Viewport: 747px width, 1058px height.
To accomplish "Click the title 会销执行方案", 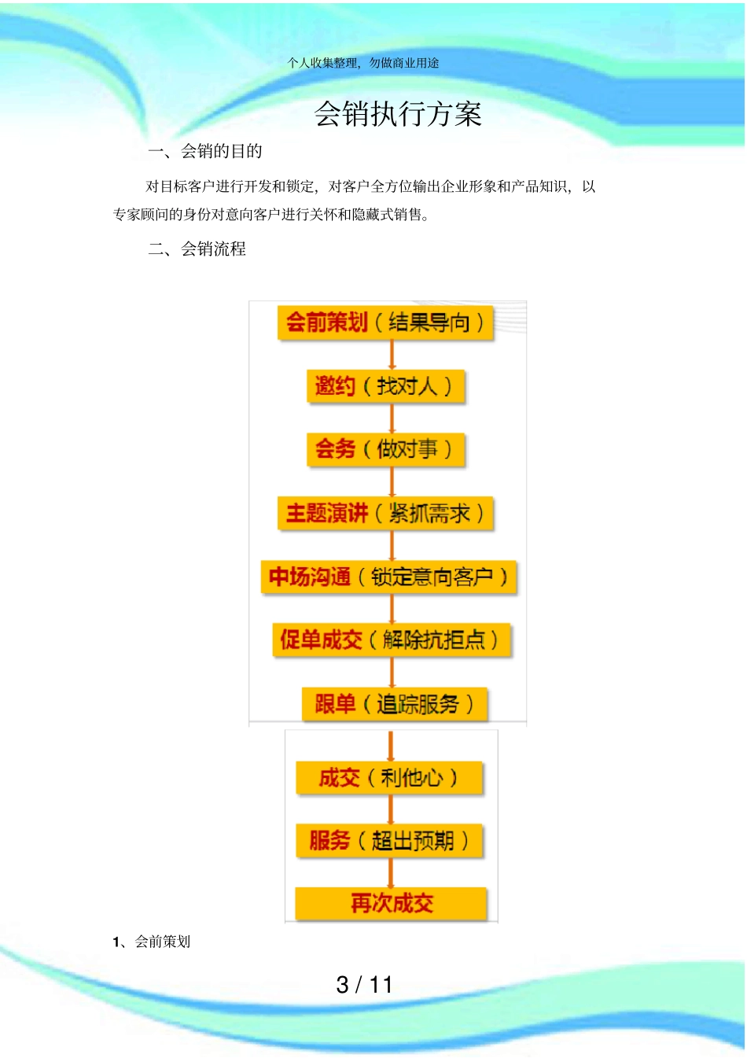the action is pyautogui.click(x=398, y=115).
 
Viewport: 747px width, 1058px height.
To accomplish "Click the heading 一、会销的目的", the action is pyautogui.click(x=205, y=152).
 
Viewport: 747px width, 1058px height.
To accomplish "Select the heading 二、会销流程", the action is pyautogui.click(x=197, y=249).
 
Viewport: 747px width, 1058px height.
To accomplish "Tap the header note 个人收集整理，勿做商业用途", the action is pyautogui.click(x=363, y=63).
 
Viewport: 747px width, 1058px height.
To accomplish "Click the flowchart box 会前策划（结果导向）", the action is pyautogui.click(x=385, y=323).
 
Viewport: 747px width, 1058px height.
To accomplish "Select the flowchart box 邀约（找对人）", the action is pyautogui.click(x=385, y=386).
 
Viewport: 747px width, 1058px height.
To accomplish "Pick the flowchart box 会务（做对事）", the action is pyautogui.click(x=385, y=450).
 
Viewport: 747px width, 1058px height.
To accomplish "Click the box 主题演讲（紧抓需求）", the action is pyautogui.click(x=385, y=514).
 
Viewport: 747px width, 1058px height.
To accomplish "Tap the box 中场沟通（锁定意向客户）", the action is pyautogui.click(x=388, y=577).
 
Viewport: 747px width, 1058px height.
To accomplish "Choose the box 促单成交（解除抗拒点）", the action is pyautogui.click(x=391, y=640).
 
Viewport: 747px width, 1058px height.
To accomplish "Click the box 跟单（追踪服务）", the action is pyautogui.click(x=395, y=704).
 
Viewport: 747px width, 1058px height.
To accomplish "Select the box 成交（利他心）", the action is pyautogui.click(x=389, y=778).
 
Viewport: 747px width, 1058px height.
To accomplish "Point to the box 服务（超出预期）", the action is pyautogui.click(x=389, y=841).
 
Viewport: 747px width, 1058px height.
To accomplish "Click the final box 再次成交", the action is pyautogui.click(x=391, y=903).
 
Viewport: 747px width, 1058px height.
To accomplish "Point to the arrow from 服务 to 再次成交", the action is pyautogui.click(x=391, y=873).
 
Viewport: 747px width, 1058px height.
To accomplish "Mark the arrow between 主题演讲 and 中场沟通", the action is pyautogui.click(x=392, y=546).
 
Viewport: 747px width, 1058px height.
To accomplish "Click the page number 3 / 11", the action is pyautogui.click(x=364, y=985).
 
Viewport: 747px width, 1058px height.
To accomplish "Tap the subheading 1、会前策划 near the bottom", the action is pyautogui.click(x=152, y=942).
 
